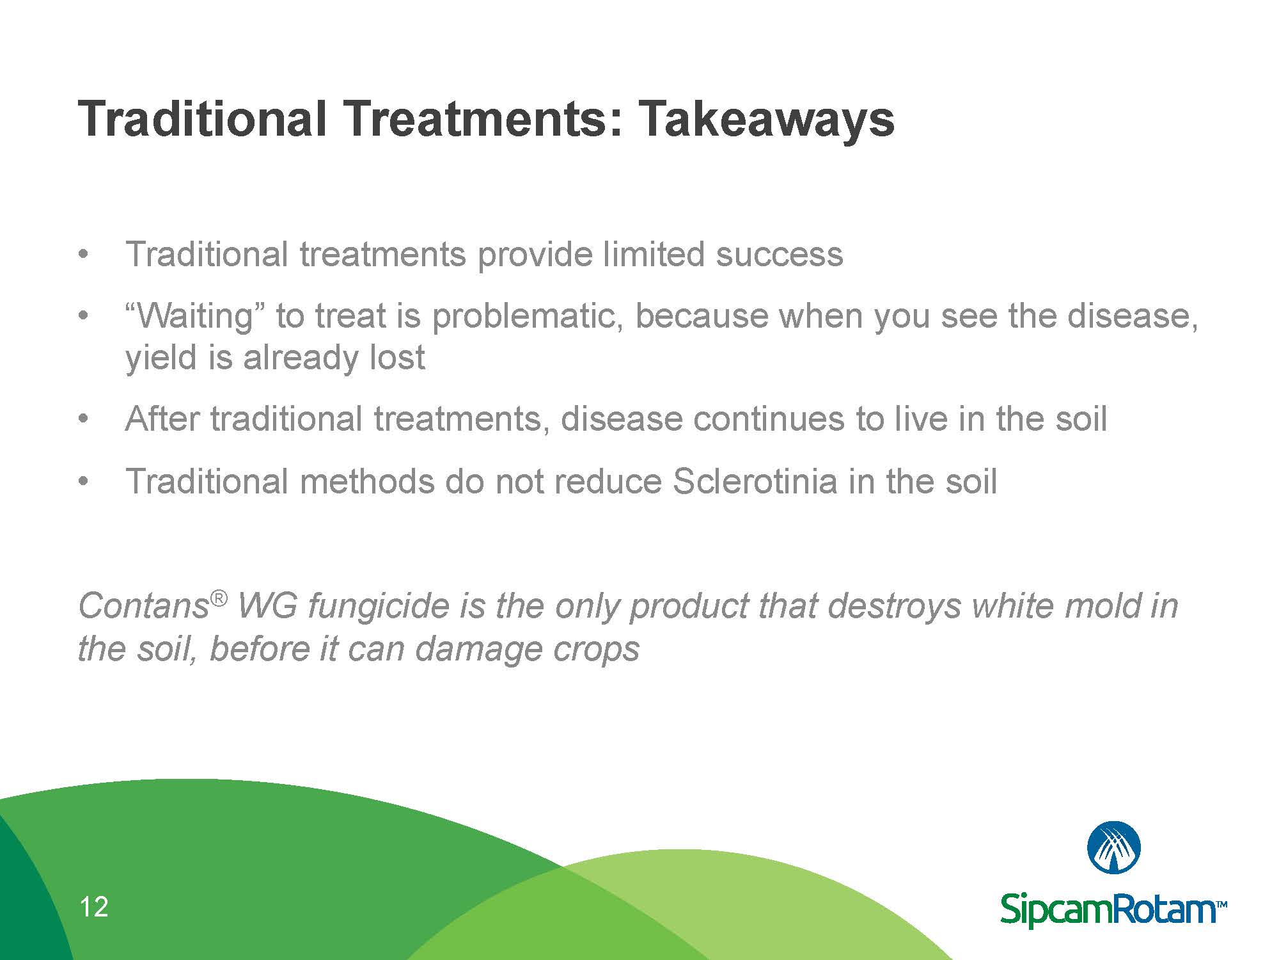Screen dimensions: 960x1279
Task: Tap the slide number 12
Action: coord(93,908)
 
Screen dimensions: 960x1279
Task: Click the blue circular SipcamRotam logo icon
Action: coord(1114,849)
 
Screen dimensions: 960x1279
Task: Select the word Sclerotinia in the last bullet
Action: coord(755,481)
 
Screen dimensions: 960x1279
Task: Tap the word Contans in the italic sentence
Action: coord(143,605)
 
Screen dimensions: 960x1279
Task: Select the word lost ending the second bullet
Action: coord(397,357)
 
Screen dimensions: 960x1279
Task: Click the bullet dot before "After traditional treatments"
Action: coord(82,420)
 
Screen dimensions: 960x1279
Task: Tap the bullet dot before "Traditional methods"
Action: coord(82,482)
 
